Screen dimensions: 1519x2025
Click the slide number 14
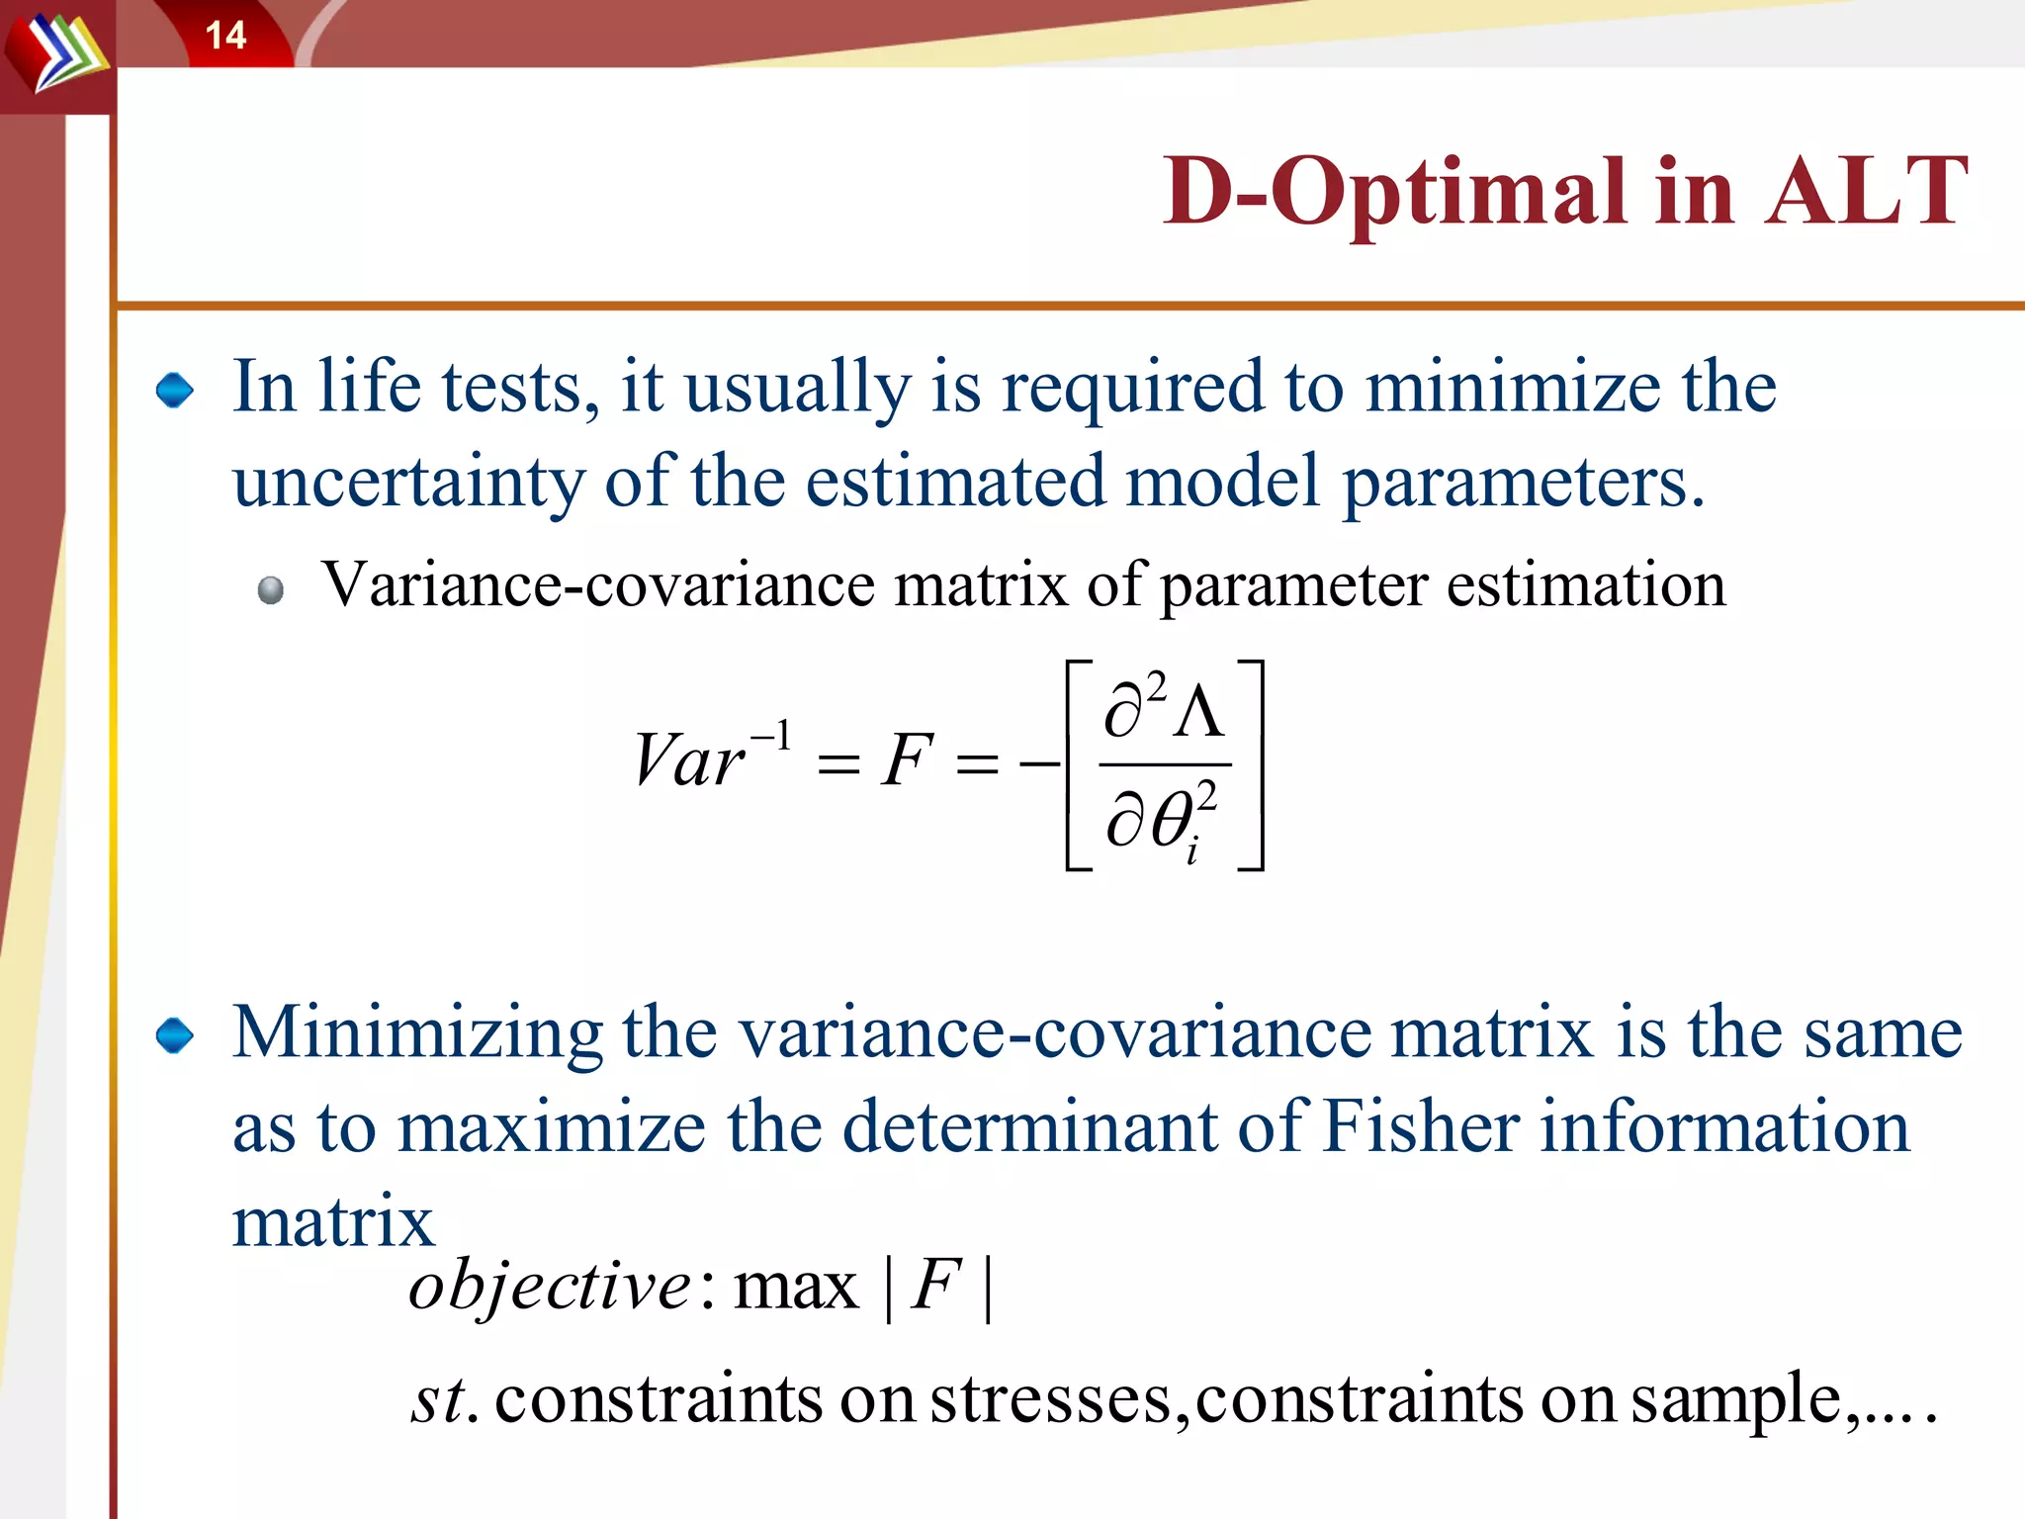point(225,36)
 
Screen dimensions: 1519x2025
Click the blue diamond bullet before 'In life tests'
point(175,391)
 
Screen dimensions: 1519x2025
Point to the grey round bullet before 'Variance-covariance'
point(271,590)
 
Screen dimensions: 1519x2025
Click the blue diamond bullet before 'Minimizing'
point(175,1036)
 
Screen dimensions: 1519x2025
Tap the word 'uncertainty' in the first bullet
point(408,483)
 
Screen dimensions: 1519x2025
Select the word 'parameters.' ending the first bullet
point(1523,483)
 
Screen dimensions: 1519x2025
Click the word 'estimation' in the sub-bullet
point(1586,584)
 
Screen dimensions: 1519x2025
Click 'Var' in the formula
point(689,761)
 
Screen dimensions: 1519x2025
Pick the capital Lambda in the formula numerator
point(1199,712)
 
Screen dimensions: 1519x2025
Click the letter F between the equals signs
point(907,761)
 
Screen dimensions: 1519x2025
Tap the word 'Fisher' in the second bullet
point(1421,1127)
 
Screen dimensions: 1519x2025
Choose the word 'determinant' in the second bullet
point(1029,1127)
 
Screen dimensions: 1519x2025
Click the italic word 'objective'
point(549,1288)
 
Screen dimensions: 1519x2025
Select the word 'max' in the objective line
point(796,1288)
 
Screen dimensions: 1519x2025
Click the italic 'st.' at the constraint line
point(444,1399)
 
